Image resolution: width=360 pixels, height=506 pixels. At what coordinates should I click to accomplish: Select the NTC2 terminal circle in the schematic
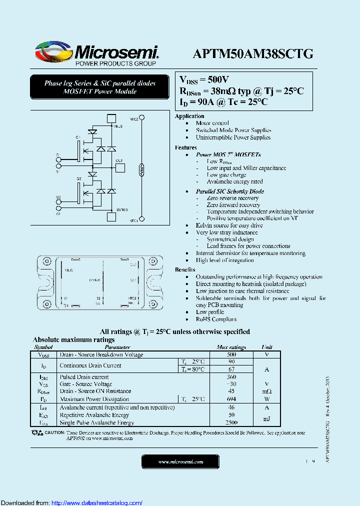(142, 118)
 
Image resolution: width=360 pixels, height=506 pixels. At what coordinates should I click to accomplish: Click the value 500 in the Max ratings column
(231, 354)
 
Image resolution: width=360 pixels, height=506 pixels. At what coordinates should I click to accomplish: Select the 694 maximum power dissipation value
(231, 399)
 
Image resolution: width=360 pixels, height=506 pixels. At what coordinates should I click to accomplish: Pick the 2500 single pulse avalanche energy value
(231, 422)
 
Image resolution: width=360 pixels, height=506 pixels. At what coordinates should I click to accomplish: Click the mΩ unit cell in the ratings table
(267, 391)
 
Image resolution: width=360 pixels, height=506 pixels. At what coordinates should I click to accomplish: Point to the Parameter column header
(117, 347)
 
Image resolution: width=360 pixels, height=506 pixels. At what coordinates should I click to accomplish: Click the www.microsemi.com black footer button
(180, 462)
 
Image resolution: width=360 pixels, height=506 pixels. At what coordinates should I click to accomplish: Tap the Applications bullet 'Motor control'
(212, 123)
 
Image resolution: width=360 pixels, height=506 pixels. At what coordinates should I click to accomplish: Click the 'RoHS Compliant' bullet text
(216, 319)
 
